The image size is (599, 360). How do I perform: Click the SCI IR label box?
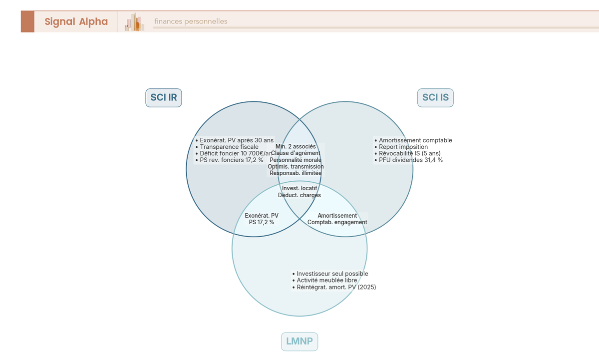(x=164, y=97)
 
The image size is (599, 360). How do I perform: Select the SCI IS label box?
(x=435, y=97)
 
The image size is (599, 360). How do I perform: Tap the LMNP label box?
(x=299, y=342)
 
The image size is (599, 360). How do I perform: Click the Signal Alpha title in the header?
(x=76, y=21)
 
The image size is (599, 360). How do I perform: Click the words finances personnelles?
(x=191, y=21)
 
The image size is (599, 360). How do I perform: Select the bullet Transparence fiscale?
(x=229, y=147)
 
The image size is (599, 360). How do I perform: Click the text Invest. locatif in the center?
(x=299, y=188)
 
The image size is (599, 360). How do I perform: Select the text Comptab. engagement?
(x=337, y=222)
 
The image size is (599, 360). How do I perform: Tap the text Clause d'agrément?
(x=296, y=153)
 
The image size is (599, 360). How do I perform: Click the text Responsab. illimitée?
(x=296, y=173)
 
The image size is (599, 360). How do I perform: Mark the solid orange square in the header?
(x=27, y=21)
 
